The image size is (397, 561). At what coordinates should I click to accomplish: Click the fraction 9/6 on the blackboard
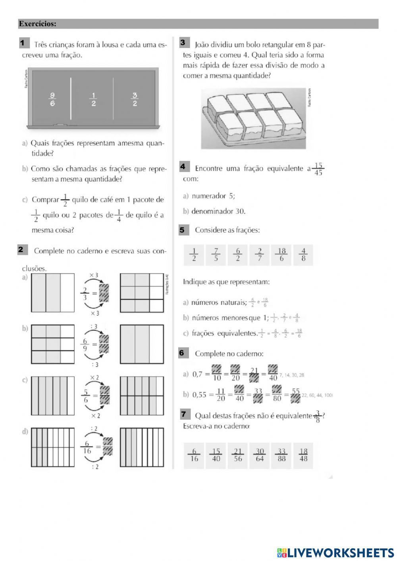52,99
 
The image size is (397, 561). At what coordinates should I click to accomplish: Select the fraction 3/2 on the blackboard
135,99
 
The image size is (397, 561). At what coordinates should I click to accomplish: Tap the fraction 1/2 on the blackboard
94,99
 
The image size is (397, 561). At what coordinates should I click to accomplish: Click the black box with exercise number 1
23,43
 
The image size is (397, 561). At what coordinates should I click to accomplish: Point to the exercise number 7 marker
184,414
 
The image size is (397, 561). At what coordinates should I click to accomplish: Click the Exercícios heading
38,24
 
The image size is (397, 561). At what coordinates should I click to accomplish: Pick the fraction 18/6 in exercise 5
281,255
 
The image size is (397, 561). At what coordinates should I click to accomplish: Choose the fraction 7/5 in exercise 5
216,255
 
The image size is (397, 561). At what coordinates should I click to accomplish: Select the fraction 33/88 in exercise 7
281,455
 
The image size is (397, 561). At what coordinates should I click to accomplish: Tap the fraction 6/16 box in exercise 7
194,455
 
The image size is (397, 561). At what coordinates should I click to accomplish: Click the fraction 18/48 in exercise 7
303,455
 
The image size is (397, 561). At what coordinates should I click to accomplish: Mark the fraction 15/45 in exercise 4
318,169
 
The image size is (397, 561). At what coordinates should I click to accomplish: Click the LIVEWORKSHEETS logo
335,552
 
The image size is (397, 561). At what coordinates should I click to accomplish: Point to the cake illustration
253,118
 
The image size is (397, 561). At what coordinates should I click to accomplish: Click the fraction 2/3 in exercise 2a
86,294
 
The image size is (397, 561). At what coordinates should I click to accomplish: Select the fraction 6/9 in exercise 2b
85,345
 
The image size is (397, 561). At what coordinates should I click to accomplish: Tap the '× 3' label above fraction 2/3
94,275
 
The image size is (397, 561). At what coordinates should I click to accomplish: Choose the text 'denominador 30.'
218,211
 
